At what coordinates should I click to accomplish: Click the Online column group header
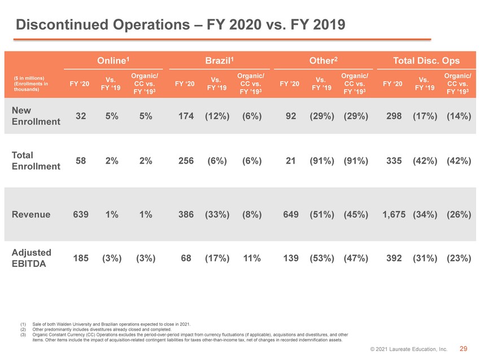[x=113, y=60]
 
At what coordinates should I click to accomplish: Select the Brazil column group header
[x=219, y=60]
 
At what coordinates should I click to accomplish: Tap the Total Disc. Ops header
[x=426, y=60]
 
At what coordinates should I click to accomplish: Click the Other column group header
[x=323, y=60]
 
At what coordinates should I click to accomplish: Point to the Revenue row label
[x=31, y=214]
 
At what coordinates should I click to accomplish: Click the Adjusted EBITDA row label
[x=31, y=258]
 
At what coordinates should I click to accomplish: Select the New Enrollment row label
[x=36, y=116]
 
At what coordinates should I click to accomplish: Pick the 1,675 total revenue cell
[x=394, y=214]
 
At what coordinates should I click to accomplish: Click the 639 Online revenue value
[x=81, y=214]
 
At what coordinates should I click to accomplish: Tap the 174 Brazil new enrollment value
[x=186, y=116]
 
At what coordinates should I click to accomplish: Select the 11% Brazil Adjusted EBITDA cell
[x=252, y=258]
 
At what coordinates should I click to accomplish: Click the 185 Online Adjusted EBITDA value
[x=81, y=258]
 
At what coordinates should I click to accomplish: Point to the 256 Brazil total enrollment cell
[x=186, y=161]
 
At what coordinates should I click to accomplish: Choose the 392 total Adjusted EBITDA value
[x=394, y=258]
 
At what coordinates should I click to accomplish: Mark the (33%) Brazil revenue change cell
[x=217, y=214]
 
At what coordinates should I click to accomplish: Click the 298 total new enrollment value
[x=394, y=116]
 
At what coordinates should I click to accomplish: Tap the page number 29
[x=464, y=349]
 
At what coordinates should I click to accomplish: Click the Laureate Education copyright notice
[x=409, y=349]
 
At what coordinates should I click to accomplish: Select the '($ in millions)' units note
[x=29, y=78]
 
